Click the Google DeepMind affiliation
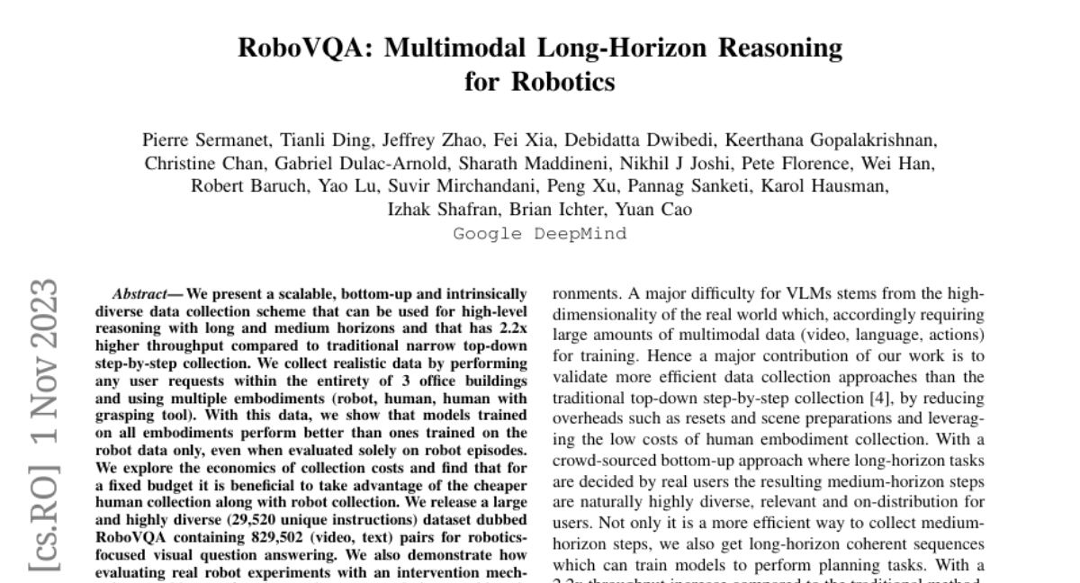[539, 234]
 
